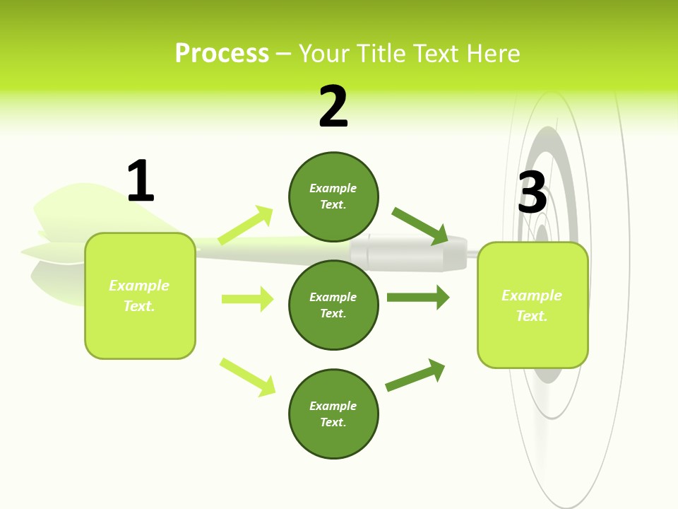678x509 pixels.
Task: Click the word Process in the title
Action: pyautogui.click(x=222, y=54)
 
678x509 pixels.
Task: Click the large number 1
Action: pyautogui.click(x=141, y=181)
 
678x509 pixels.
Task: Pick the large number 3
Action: pyautogui.click(x=532, y=193)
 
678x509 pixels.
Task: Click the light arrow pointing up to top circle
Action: pyautogui.click(x=245, y=226)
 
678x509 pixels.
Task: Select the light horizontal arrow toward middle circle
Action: pyautogui.click(x=247, y=299)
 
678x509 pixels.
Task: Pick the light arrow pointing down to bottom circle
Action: pyautogui.click(x=247, y=376)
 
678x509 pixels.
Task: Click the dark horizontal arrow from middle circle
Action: pyautogui.click(x=417, y=298)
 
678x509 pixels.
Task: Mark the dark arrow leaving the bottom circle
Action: pyautogui.click(x=415, y=375)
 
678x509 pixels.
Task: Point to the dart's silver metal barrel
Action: pyautogui.click(x=410, y=253)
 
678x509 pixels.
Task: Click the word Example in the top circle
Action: pyautogui.click(x=333, y=188)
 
